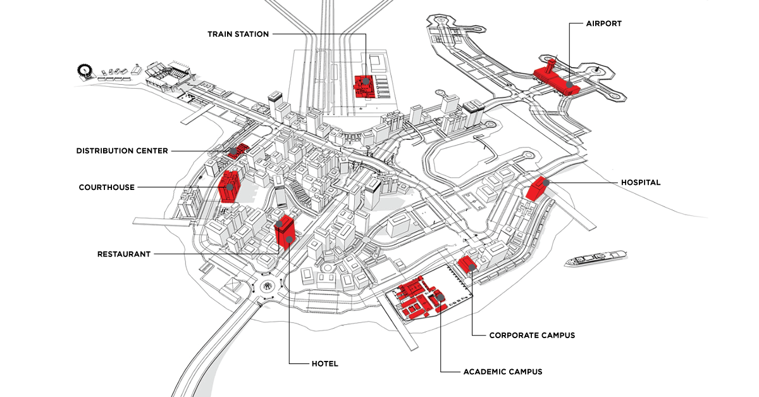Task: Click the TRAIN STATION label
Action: pos(238,34)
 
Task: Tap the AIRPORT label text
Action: pos(603,23)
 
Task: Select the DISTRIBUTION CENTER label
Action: pos(122,151)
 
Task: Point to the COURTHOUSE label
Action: pos(106,187)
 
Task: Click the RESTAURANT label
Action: pos(124,254)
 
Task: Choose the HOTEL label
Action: pos(324,363)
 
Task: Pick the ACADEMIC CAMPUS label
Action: pos(502,372)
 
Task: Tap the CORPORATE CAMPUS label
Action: pos(532,335)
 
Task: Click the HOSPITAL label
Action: pos(640,182)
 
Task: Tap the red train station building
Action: pos(363,87)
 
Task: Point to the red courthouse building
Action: pos(228,185)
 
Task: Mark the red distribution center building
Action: pos(238,150)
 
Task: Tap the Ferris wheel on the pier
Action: pos(83,68)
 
